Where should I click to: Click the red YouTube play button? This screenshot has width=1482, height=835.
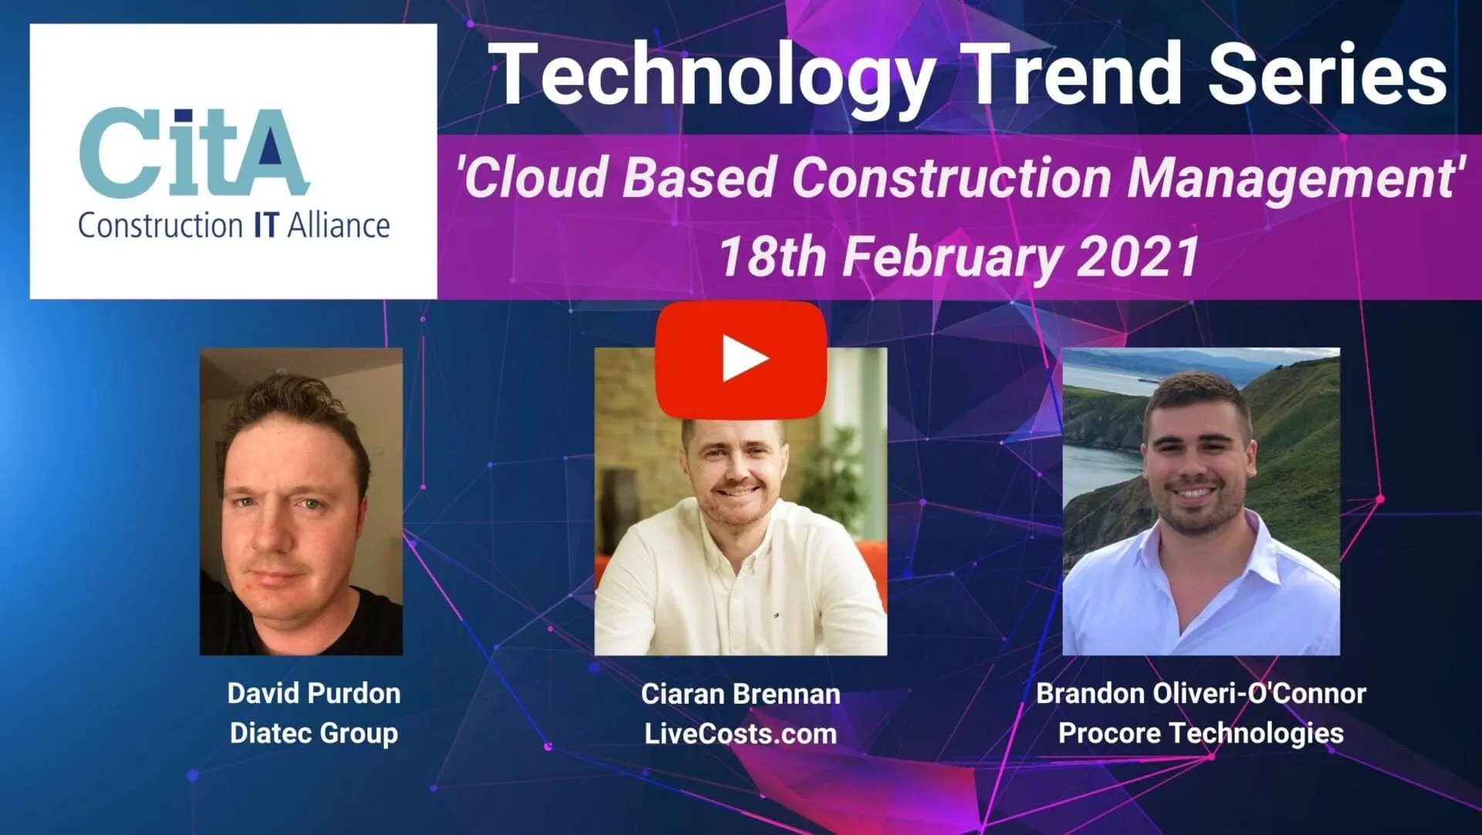click(x=741, y=360)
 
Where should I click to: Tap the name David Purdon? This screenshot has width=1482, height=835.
click(x=313, y=693)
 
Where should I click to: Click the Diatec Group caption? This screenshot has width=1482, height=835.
click(x=313, y=733)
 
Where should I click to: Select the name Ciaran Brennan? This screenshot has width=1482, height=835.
click(x=740, y=694)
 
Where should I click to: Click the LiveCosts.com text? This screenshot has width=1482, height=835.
click(x=740, y=733)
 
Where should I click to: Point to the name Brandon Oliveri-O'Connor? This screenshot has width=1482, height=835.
click(x=1201, y=693)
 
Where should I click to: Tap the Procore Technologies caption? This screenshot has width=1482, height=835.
click(x=1201, y=733)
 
